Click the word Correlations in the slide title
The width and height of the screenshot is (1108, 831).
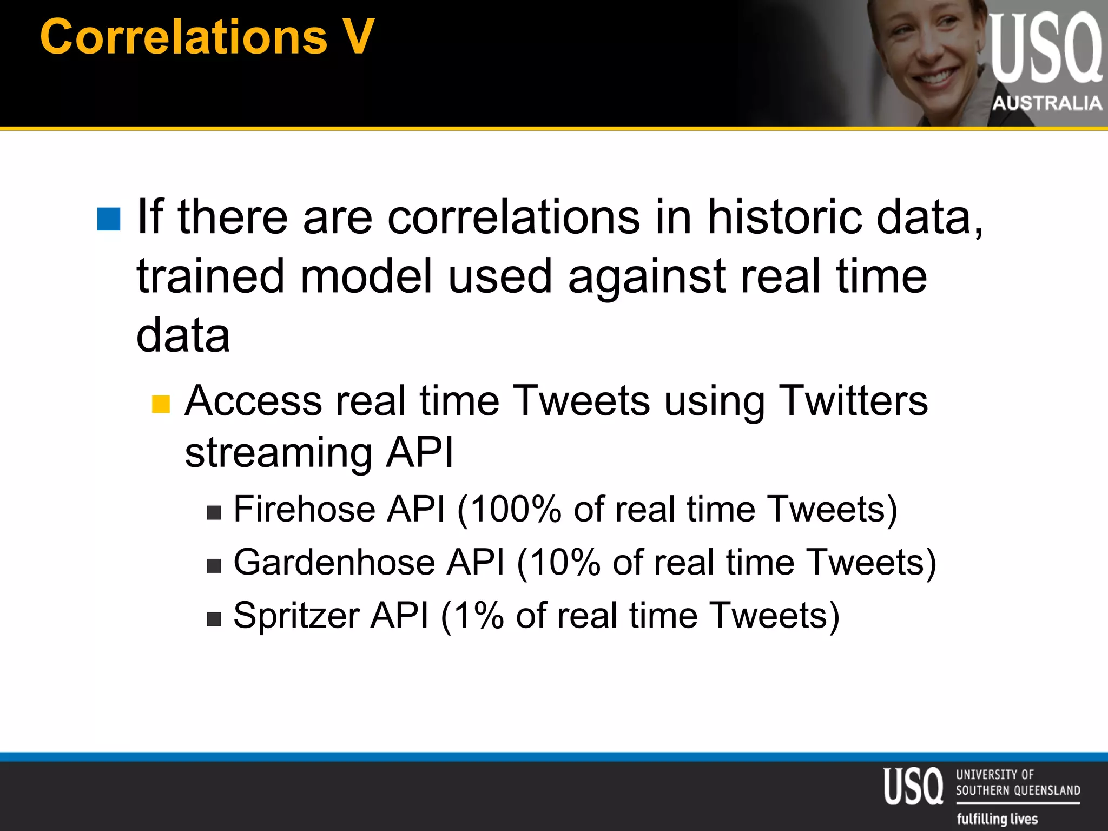183,37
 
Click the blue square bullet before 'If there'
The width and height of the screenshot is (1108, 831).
109,219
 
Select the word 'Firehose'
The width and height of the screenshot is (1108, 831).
304,510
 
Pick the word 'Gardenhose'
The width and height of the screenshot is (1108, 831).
334,563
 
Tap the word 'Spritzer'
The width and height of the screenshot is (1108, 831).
296,616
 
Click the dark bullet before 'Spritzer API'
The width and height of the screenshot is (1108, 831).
214,619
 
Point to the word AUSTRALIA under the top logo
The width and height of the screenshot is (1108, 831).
1047,103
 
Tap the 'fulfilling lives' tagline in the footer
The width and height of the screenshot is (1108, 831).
997,819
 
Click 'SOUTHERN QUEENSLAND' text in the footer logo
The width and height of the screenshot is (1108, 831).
1018,790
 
